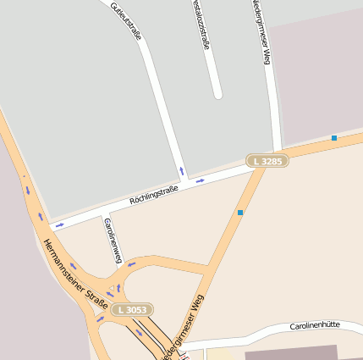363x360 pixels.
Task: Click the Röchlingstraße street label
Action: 153,197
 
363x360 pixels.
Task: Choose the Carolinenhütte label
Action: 315,325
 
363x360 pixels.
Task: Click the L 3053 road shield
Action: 132,310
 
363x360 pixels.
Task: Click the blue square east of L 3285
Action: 334,137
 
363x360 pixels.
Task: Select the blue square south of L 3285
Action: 240,212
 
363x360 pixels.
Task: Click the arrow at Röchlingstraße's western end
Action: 59,225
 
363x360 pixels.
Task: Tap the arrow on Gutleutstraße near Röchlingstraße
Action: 181,170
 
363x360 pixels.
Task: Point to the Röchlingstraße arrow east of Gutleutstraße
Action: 200,180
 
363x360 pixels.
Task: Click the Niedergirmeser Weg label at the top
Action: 261,32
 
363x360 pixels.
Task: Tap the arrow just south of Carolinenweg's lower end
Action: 130,264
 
